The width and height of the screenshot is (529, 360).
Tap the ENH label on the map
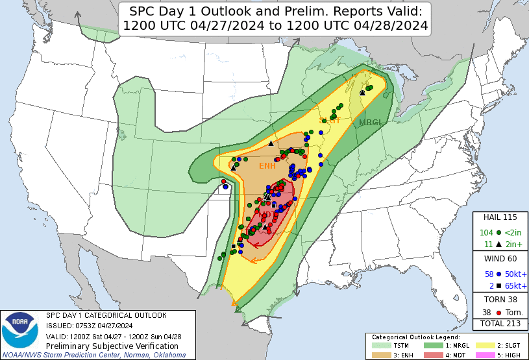click(x=267, y=166)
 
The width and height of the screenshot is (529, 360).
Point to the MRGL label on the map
click(x=370, y=122)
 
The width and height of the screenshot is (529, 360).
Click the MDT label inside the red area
click(x=267, y=215)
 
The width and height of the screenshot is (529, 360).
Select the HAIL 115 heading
click(x=500, y=217)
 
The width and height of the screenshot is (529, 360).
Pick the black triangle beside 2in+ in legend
click(x=498, y=244)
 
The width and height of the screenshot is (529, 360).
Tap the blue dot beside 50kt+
click(x=498, y=274)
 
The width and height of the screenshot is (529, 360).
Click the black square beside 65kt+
click(x=498, y=286)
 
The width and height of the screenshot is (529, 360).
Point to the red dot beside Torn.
click(x=498, y=312)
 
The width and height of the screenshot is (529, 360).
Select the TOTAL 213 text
click(x=500, y=323)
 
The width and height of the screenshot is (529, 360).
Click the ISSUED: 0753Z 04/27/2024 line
click(x=89, y=326)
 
